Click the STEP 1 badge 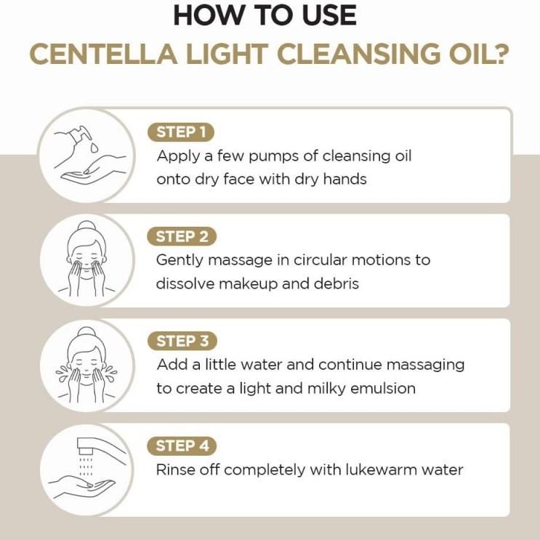(x=181, y=132)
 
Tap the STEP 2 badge (x=182, y=236)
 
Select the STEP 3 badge (x=182, y=341)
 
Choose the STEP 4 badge (x=182, y=446)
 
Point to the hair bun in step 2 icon (x=87, y=226)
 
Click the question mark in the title (x=498, y=55)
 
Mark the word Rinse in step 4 (x=175, y=470)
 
